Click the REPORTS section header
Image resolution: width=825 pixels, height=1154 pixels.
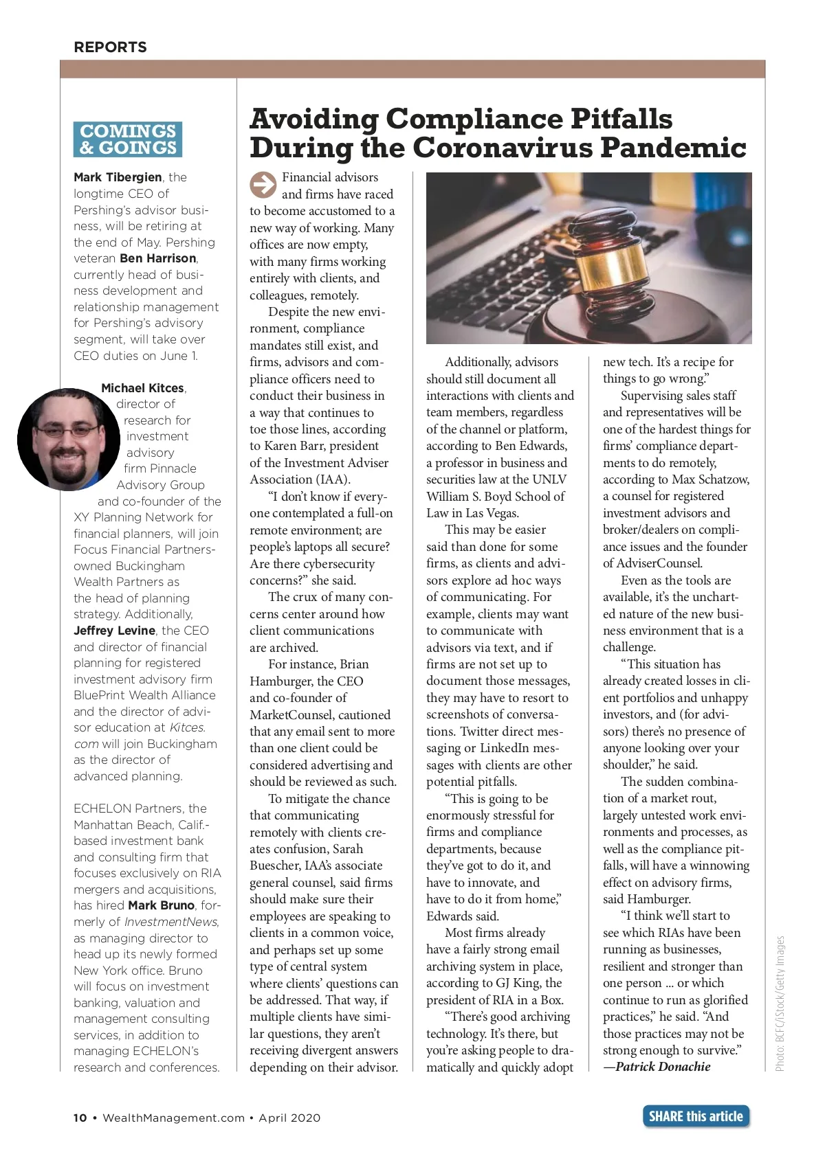pos(110,47)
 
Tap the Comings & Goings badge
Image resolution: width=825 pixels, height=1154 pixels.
pos(128,139)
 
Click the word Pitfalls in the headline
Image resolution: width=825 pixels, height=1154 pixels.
pos(619,119)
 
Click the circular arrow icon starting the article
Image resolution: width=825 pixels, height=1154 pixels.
pos(262,185)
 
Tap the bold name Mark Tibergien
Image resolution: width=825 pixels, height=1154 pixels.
pos(118,177)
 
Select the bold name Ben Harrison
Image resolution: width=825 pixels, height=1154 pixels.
pos(157,258)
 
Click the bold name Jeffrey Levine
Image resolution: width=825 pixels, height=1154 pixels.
pos(114,631)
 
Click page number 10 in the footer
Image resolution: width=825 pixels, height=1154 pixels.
pos(80,1118)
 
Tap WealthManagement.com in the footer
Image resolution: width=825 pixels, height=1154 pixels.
pos(173,1118)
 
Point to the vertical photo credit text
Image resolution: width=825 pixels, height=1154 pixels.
pos(780,1003)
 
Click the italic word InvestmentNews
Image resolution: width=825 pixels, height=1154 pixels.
pos(170,922)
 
